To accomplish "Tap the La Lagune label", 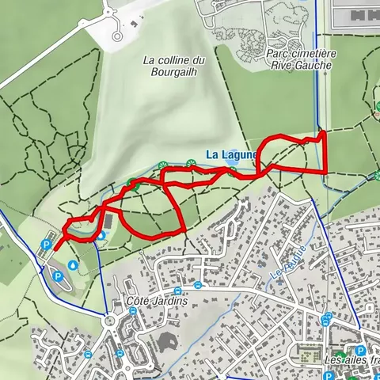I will point(230,154).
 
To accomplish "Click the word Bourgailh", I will point(171,70).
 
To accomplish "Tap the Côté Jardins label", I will point(156,302).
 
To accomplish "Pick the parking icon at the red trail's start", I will point(45,245).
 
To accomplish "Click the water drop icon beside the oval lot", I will point(73,265).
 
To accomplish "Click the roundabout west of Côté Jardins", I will point(108,321).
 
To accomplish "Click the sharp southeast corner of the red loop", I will point(184,230).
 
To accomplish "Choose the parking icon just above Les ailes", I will point(361,351).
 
